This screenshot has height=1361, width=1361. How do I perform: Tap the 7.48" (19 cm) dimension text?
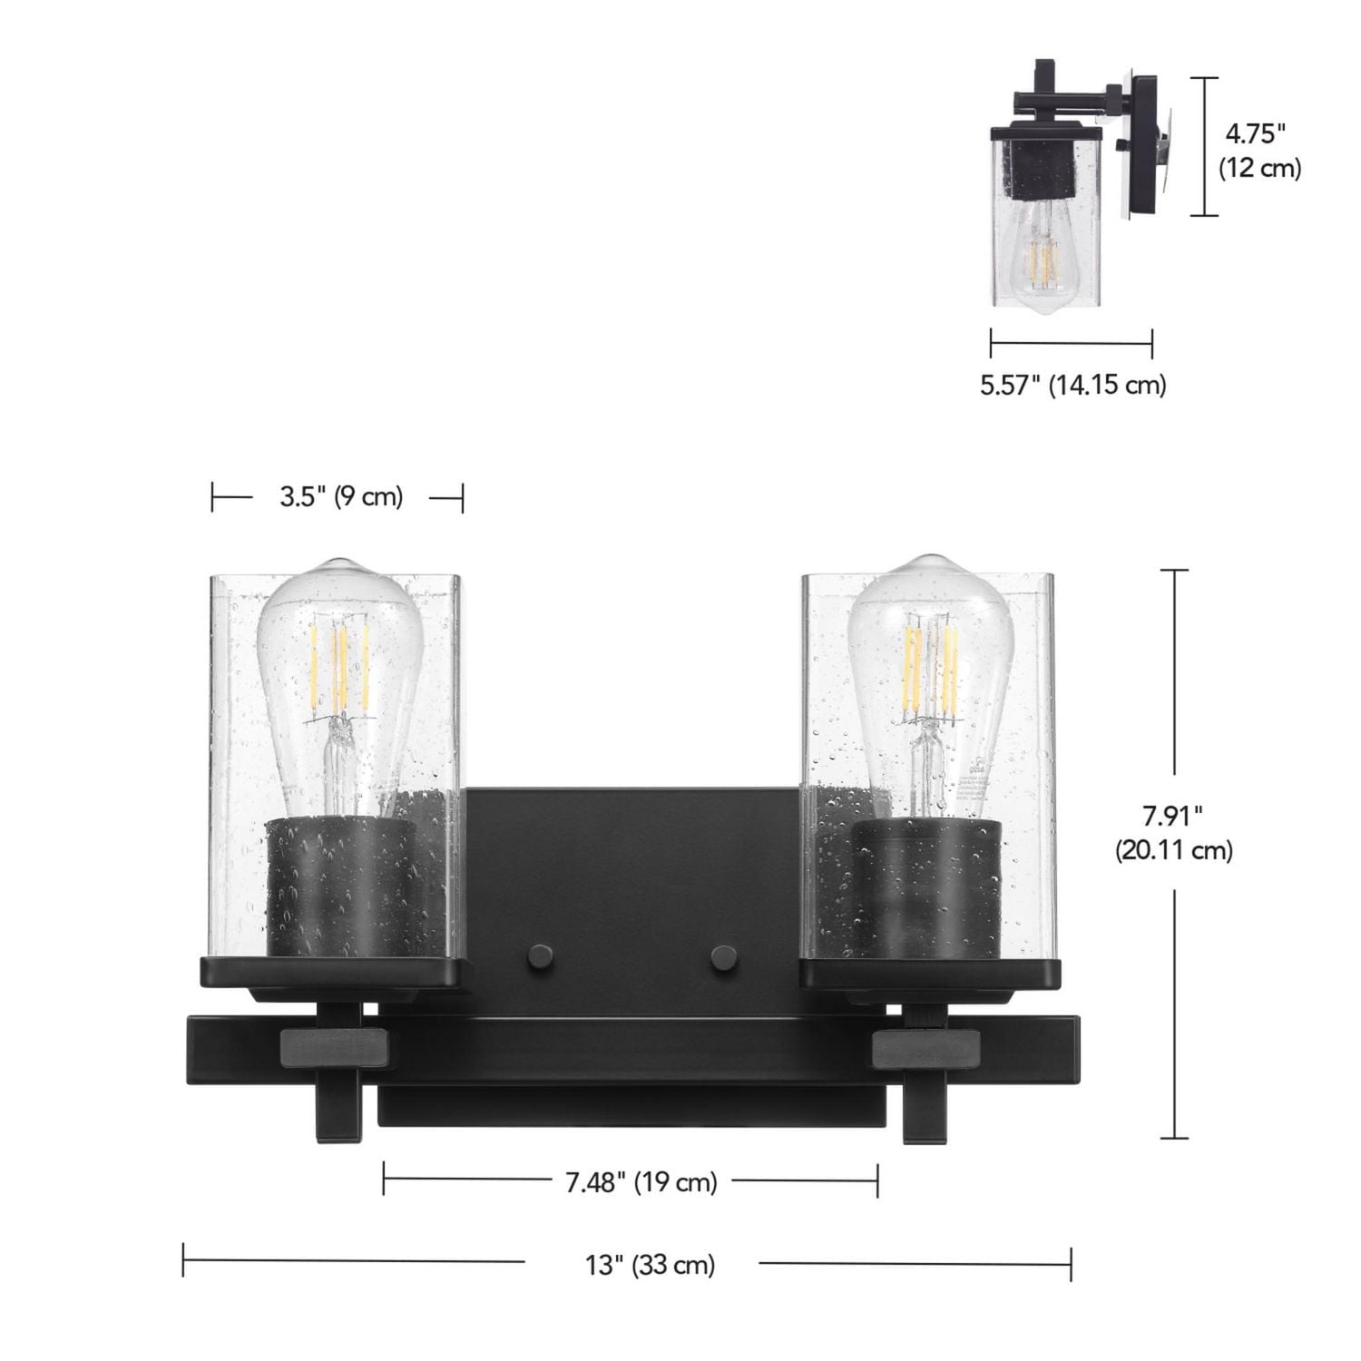coord(641,1182)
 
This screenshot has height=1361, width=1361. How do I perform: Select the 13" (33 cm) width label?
coord(650,1264)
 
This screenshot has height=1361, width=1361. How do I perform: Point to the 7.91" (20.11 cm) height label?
coord(1173,833)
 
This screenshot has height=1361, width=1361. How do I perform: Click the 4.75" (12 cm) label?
coord(1258,151)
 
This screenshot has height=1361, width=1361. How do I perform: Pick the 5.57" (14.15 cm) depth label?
coord(1072,385)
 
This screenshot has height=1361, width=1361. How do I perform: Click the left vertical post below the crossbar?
coord(338,1111)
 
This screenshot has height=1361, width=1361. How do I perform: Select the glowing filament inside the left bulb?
coord(339,662)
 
